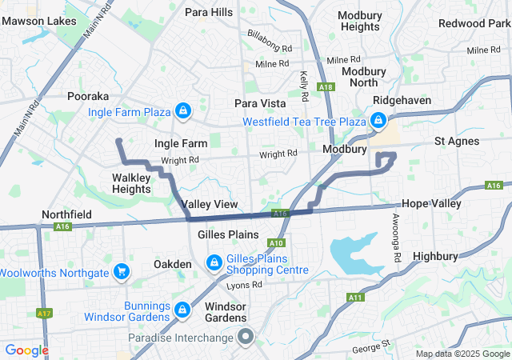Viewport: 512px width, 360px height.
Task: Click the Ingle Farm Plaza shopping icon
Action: point(183,110)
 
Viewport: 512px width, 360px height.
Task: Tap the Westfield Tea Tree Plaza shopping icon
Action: point(377,122)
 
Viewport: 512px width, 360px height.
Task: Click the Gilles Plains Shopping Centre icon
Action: point(214,262)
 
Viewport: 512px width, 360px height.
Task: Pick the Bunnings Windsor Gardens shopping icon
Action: point(182,309)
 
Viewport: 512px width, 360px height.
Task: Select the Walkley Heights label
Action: point(132,183)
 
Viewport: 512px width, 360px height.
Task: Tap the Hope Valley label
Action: point(432,204)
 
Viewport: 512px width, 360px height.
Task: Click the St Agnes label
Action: point(457,142)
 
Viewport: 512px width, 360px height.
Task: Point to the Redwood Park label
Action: point(474,23)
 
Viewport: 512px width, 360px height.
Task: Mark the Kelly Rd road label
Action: point(304,86)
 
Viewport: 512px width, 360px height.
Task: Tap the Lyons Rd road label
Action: point(243,285)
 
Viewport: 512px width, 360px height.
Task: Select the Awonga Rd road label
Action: point(395,230)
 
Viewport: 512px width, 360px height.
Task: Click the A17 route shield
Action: point(44,313)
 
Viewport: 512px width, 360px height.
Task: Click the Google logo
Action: point(27,350)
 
